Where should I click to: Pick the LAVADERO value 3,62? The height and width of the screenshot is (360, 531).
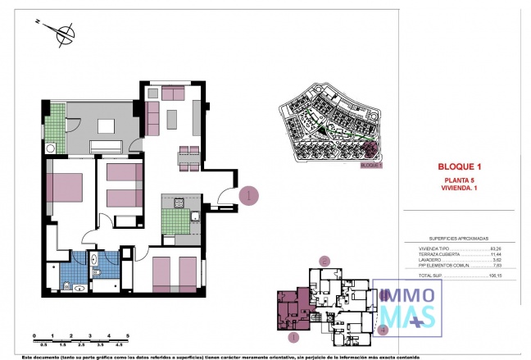[495, 260]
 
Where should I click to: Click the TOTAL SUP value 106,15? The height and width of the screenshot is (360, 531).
[493, 276]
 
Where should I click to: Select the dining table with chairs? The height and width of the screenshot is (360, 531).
[188, 159]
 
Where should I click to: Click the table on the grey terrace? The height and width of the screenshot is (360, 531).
[107, 126]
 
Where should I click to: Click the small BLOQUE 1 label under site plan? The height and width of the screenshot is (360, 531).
[371, 165]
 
